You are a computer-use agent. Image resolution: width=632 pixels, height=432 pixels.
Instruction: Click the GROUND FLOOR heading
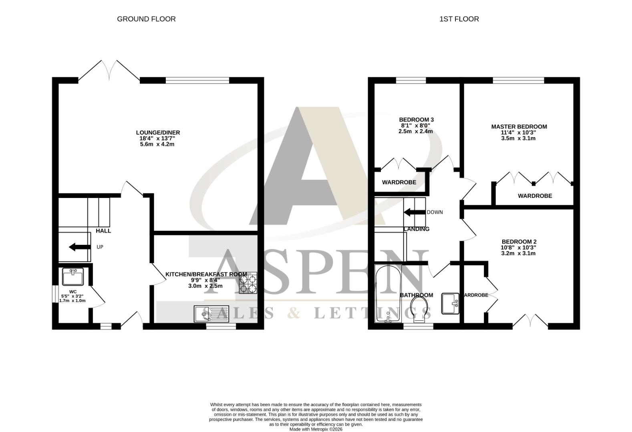click(x=146, y=19)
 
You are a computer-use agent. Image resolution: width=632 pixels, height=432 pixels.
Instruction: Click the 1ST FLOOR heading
click(x=459, y=19)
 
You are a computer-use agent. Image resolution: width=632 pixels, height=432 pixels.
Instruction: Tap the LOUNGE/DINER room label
click(x=158, y=132)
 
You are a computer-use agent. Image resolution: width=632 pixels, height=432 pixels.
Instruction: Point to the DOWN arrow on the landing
click(x=414, y=212)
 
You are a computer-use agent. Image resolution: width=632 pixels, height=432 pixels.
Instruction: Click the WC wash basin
click(x=73, y=276)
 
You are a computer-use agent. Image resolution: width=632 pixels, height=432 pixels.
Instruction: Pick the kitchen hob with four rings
click(x=248, y=283)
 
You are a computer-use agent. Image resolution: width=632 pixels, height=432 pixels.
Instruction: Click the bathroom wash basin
click(x=451, y=304)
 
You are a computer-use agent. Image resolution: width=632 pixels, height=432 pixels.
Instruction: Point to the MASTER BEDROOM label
click(x=519, y=127)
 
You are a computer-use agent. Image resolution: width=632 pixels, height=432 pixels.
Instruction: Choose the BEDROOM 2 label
click(x=519, y=242)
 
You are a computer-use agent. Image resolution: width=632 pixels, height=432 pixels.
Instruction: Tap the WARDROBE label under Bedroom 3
click(x=399, y=182)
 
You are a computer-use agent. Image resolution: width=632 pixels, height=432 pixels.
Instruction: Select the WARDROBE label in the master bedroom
click(x=535, y=196)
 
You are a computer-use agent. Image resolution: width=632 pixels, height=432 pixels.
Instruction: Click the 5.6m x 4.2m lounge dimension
click(x=157, y=144)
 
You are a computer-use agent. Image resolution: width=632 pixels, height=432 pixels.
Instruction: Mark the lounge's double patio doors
click(x=109, y=71)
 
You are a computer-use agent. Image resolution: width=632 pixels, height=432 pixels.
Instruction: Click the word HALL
click(x=103, y=231)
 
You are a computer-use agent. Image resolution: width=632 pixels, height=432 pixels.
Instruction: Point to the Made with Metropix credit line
click(x=316, y=429)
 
